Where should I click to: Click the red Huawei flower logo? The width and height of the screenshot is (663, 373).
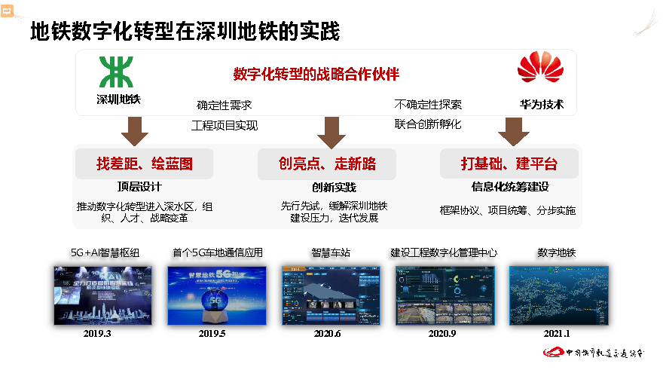(x=540, y=69)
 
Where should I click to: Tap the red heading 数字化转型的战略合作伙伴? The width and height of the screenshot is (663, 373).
(x=316, y=74)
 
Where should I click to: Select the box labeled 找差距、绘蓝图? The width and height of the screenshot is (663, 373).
(x=144, y=164)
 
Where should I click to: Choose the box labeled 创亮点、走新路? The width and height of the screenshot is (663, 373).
(x=327, y=164)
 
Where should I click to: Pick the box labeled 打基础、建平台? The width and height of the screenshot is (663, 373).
(x=509, y=164)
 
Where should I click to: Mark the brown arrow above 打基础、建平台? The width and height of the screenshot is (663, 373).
(x=513, y=131)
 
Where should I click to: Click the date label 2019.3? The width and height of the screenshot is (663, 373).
(x=98, y=333)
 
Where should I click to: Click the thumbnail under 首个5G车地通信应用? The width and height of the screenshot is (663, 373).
(x=213, y=295)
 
